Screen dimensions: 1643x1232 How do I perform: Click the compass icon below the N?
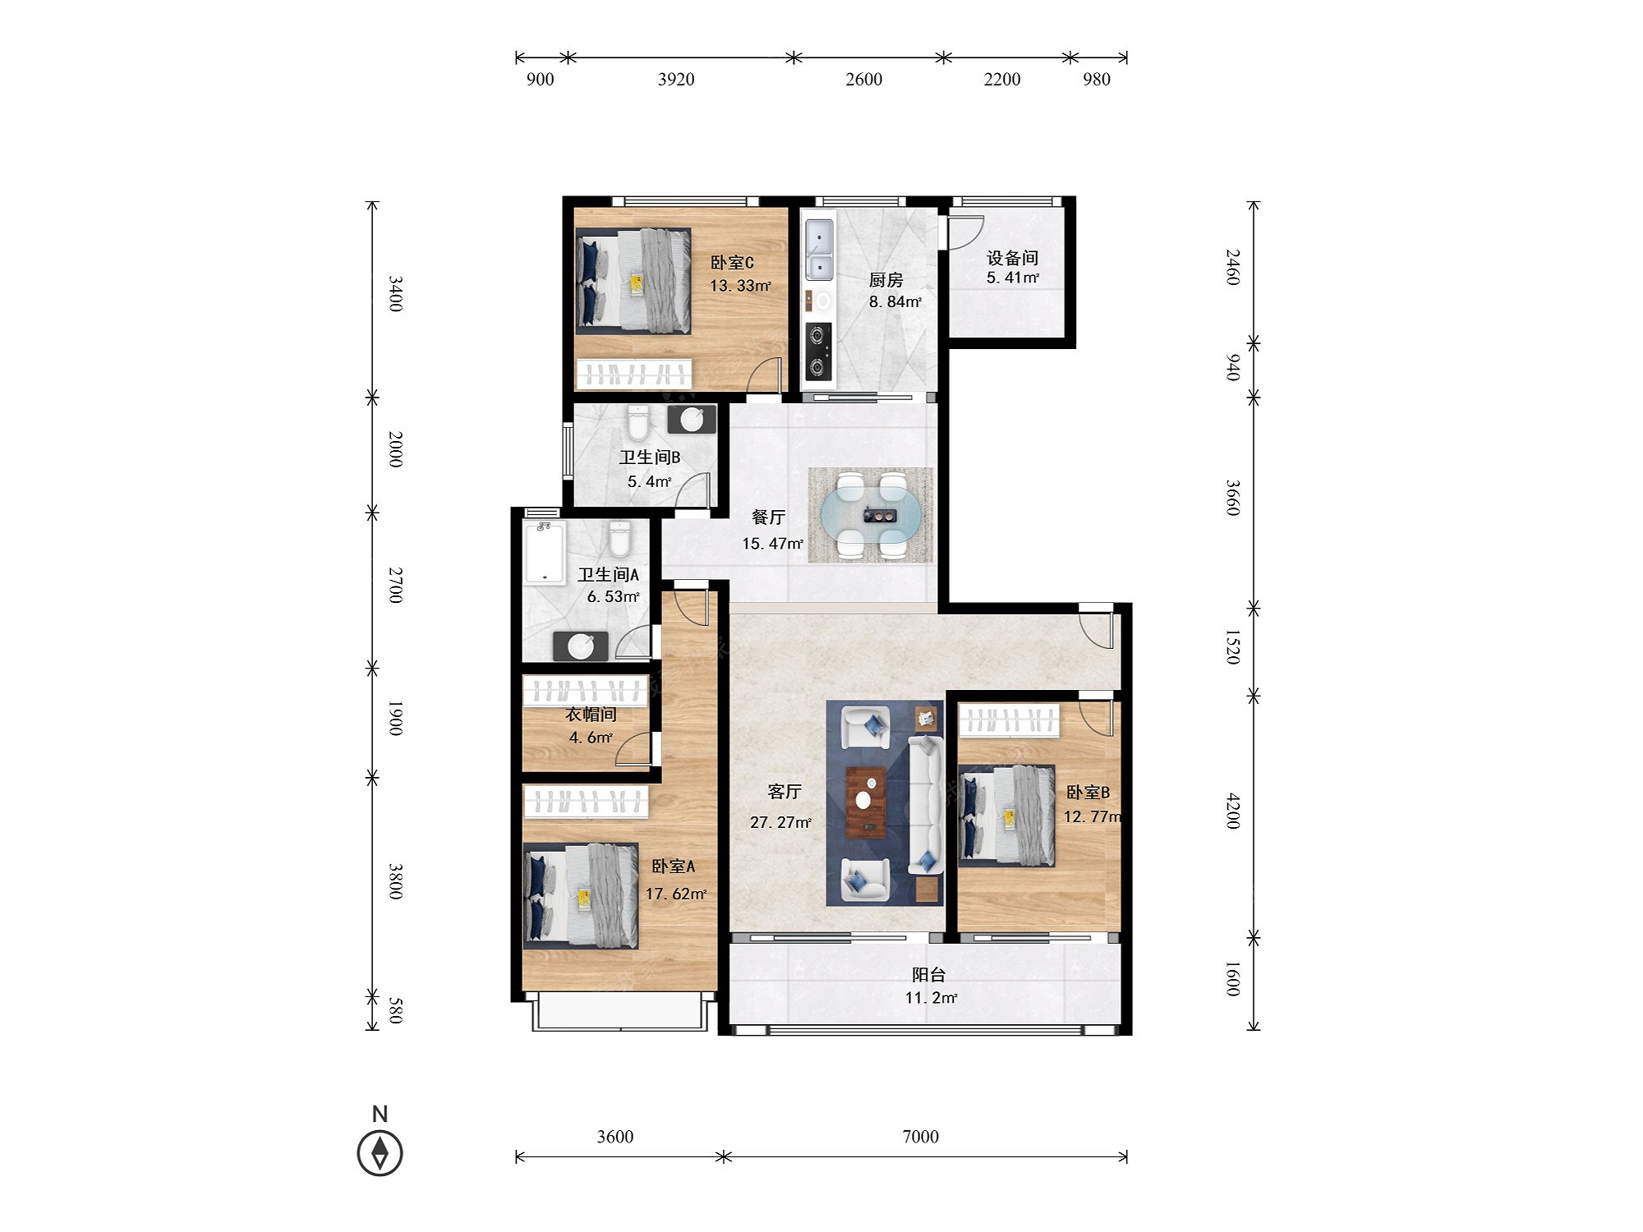point(380,1152)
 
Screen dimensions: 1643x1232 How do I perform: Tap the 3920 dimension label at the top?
point(676,80)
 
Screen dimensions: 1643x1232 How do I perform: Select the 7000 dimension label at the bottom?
point(920,1137)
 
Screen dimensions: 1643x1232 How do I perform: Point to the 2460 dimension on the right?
point(1232,267)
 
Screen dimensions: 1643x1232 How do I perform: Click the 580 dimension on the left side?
point(395,1011)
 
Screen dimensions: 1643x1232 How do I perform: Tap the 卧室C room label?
point(732,263)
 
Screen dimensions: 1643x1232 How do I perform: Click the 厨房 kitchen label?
point(886,281)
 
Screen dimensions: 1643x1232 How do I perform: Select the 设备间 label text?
point(1012,258)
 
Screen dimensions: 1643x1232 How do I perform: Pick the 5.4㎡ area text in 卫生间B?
point(649,481)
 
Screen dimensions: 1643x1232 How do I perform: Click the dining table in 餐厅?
point(871,515)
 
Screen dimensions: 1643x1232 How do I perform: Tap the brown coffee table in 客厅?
point(866,802)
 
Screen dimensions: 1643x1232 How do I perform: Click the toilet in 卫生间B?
point(637,423)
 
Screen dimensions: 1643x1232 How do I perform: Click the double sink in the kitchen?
point(819,250)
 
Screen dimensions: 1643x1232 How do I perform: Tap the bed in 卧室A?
point(581,895)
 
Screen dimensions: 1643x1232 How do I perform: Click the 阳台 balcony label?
point(928,975)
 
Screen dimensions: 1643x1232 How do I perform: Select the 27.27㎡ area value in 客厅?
point(780,822)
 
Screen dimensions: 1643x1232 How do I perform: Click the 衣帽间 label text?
point(591,715)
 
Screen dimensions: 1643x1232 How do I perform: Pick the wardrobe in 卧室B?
point(1009,720)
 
